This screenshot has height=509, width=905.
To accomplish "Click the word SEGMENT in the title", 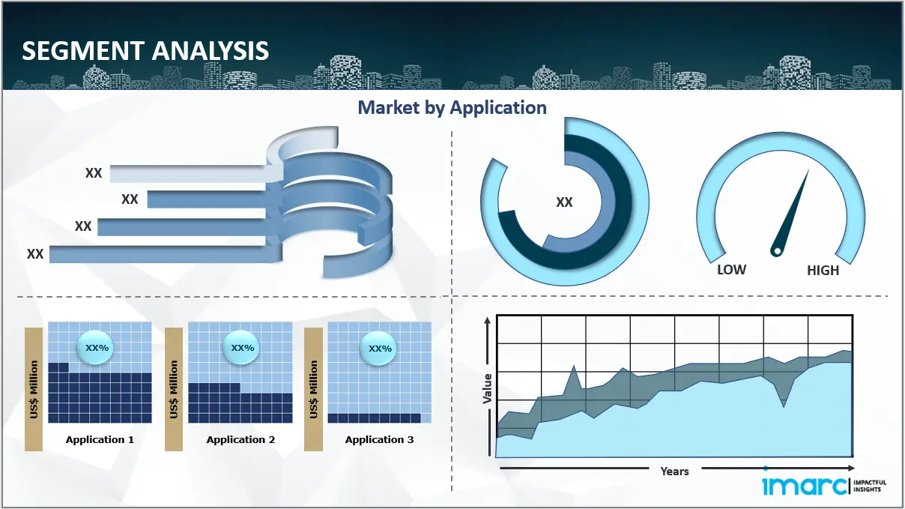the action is pyautogui.click(x=83, y=50).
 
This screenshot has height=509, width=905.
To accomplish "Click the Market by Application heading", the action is pyautogui.click(x=452, y=107).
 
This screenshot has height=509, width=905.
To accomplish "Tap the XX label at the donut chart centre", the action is pyautogui.click(x=564, y=202).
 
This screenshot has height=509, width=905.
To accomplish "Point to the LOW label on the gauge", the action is pyautogui.click(x=731, y=270).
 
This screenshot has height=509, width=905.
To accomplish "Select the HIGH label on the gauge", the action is pyautogui.click(x=823, y=270).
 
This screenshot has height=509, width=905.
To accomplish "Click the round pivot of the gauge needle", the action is pyautogui.click(x=777, y=251).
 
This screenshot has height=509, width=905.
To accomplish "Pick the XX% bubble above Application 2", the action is pyautogui.click(x=241, y=347).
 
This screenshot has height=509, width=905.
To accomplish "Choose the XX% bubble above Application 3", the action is pyautogui.click(x=378, y=348).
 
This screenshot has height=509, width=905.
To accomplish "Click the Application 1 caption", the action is pyautogui.click(x=100, y=439).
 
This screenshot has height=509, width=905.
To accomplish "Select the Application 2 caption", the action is pyautogui.click(x=240, y=439).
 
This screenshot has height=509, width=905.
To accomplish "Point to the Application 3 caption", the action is pyautogui.click(x=379, y=439).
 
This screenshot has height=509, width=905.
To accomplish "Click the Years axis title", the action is pyautogui.click(x=674, y=472).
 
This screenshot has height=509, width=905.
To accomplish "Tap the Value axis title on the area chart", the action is pyautogui.click(x=488, y=388).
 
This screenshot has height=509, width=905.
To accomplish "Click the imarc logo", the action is pyautogui.click(x=824, y=485).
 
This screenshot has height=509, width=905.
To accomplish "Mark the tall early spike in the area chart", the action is pyautogui.click(x=574, y=367).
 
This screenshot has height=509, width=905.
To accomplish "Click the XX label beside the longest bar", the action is pyautogui.click(x=35, y=254).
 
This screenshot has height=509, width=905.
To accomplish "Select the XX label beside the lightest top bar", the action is pyautogui.click(x=94, y=173).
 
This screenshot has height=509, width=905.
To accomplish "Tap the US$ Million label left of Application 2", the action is pyautogui.click(x=173, y=389).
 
